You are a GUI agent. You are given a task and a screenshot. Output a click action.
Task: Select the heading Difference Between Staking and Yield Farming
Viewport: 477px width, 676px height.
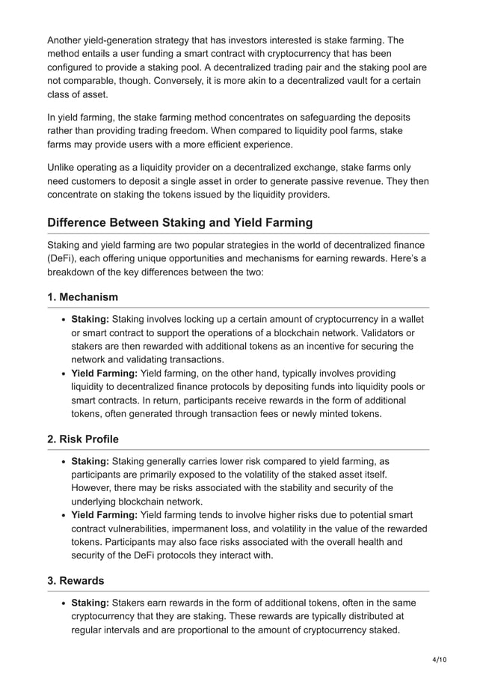click(179, 222)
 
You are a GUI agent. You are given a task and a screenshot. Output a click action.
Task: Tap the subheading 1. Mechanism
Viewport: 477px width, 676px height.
click(82, 297)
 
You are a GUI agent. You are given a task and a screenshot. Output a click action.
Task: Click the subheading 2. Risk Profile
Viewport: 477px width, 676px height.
click(83, 439)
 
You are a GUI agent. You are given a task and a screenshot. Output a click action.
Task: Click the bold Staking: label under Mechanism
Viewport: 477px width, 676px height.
click(90, 319)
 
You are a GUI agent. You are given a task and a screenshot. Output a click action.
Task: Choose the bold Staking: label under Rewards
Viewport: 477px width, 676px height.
click(90, 603)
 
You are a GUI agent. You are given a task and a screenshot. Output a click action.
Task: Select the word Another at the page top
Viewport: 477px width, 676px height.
click(67, 40)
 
